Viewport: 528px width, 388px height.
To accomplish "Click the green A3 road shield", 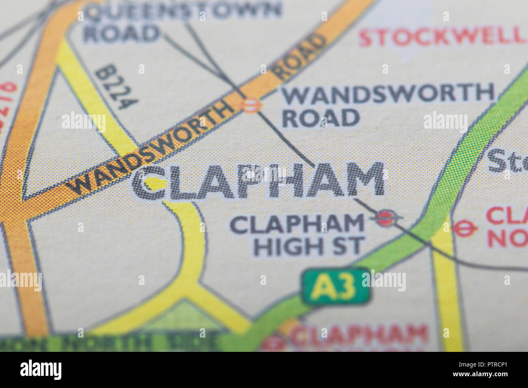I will (x=335, y=286).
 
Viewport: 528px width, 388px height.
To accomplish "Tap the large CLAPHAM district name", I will (x=258, y=181).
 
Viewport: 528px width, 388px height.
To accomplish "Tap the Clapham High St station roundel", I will (x=385, y=218).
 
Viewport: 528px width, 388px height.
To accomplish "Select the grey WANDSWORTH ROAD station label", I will (x=388, y=105).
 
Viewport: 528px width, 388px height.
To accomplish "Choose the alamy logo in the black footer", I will (x=41, y=370).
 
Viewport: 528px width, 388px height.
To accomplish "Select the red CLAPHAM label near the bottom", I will (x=359, y=335).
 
